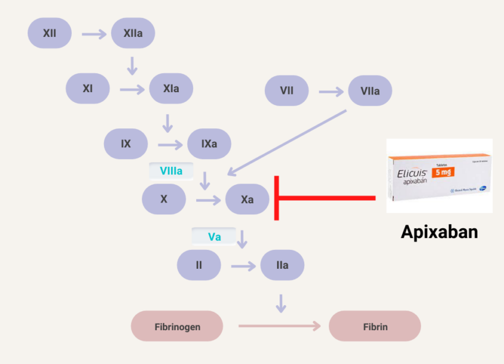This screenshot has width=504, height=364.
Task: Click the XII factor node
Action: (50, 33)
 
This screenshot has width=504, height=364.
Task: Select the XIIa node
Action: (133, 33)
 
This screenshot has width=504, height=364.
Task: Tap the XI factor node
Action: (88, 88)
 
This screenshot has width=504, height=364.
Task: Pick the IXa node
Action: (209, 144)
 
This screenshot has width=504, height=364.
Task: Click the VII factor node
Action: (286, 91)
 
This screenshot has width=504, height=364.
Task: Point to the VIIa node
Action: (370, 91)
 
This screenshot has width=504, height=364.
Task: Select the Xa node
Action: (247, 199)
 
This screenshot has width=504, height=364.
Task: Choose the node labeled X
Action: (164, 199)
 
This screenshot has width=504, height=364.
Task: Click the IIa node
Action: (282, 265)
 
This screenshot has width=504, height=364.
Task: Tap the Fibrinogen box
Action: (177, 327)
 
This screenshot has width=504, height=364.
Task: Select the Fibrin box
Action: (375, 327)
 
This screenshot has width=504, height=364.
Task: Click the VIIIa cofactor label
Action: (171, 171)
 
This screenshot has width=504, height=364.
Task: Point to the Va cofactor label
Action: (214, 236)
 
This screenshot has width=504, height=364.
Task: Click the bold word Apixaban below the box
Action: (439, 231)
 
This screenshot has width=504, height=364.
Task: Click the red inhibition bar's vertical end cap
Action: (277, 198)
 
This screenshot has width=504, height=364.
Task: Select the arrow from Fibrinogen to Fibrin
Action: (280, 326)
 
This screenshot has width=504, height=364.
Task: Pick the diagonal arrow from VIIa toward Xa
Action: (286, 142)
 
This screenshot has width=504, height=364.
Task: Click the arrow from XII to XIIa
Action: (94, 34)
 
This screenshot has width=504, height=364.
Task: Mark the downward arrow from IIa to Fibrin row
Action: (282, 303)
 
